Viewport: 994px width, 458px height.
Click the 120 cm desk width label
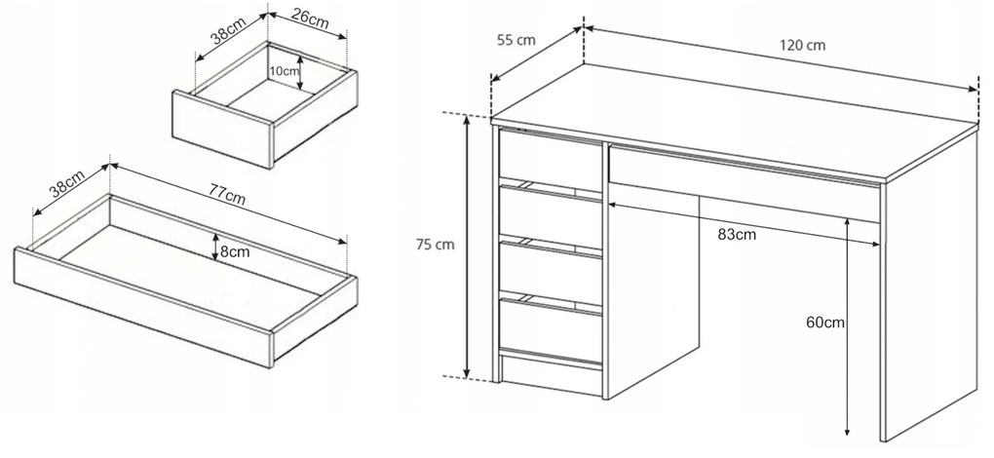click(802, 46)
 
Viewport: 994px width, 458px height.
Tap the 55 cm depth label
click(516, 41)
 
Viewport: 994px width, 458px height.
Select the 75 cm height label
click(436, 245)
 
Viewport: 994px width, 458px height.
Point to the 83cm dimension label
click(738, 235)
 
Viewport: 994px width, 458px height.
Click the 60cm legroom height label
click(825, 323)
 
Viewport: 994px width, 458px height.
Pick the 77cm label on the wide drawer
click(227, 195)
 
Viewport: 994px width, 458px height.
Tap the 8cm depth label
click(235, 252)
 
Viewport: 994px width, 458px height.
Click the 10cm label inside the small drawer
click(284, 71)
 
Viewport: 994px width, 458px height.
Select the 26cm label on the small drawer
click(311, 19)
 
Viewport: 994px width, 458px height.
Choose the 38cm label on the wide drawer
click(67, 182)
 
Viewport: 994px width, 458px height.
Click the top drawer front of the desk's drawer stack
click(551, 160)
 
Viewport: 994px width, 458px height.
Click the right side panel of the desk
click(930, 286)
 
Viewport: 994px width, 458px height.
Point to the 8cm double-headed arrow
click(216, 248)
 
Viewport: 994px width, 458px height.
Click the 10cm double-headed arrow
click(302, 71)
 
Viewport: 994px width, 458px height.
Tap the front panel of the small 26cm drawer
click(222, 130)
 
